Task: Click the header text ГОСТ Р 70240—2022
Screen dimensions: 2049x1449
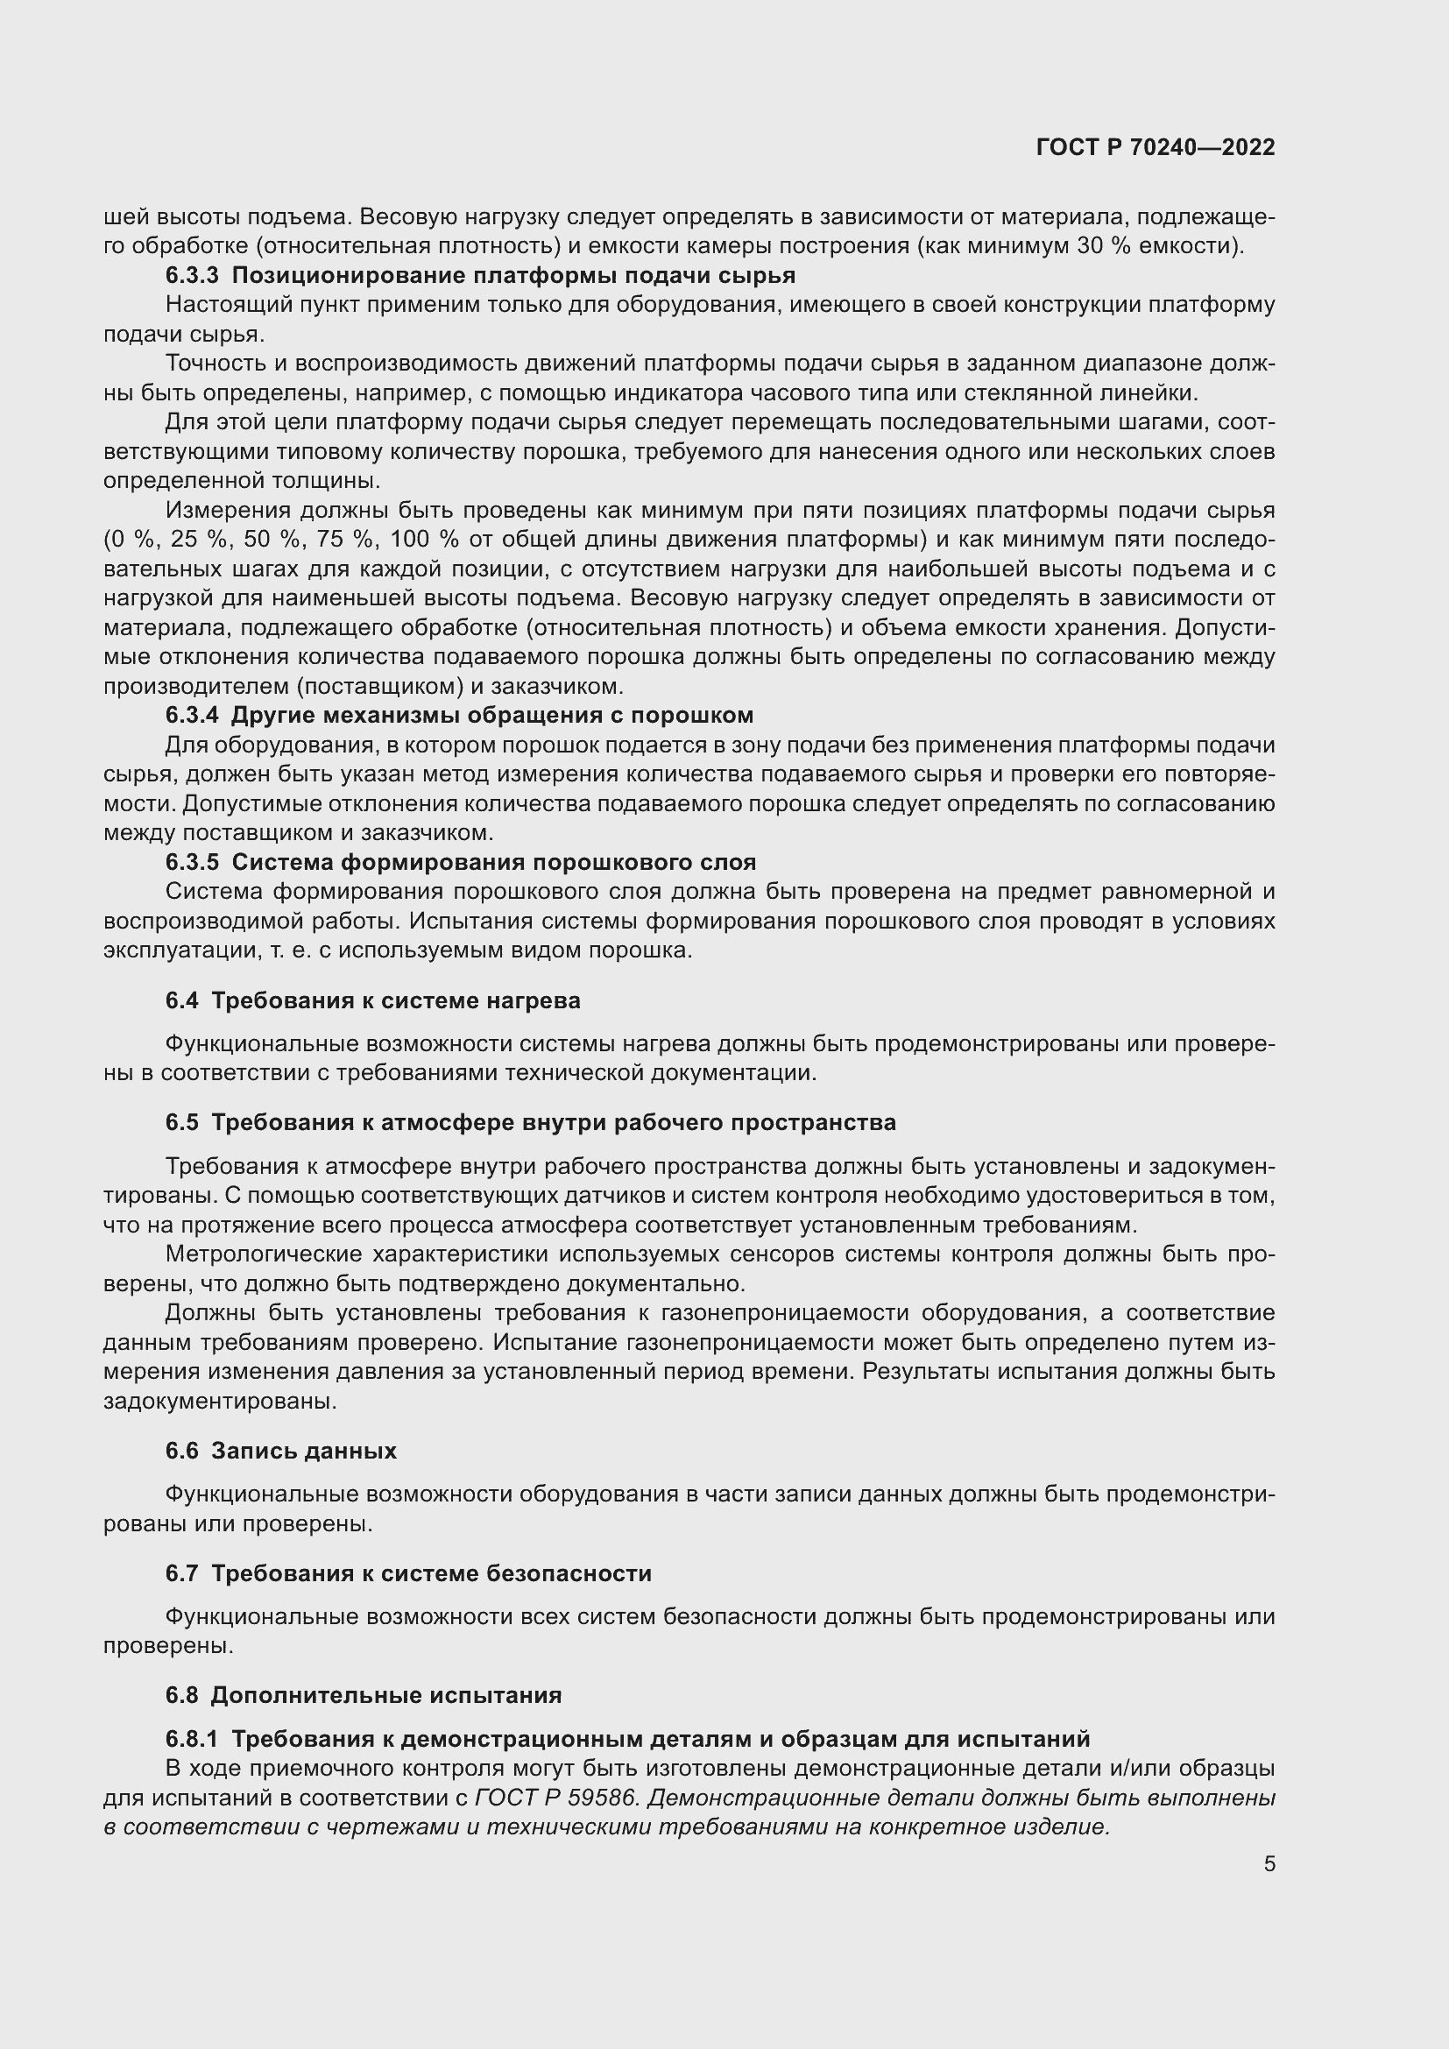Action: click(1156, 148)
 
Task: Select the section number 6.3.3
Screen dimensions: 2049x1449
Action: click(191, 276)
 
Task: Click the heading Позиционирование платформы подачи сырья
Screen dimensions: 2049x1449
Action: click(513, 276)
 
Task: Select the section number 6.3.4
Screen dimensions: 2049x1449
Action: click(191, 716)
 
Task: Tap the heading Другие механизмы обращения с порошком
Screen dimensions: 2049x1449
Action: click(491, 716)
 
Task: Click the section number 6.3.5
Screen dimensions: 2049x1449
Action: click(191, 863)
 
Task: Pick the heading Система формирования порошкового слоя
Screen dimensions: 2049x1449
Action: click(493, 863)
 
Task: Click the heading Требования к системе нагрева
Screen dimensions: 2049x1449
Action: click(395, 1001)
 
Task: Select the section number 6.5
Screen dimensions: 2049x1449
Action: click(181, 1123)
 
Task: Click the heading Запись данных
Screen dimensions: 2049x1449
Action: click(303, 1451)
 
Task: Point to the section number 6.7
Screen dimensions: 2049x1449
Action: click(181, 1573)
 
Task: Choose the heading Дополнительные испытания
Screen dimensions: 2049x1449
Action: click(386, 1696)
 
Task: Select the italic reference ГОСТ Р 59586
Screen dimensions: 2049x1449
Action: click(556, 1798)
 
